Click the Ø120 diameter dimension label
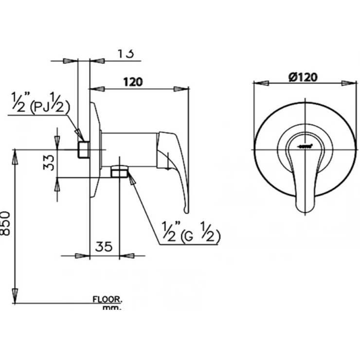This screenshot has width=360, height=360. pos(303,77)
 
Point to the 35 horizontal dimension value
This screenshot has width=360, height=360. pos(104,247)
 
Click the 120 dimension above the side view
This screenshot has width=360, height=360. pos(133,82)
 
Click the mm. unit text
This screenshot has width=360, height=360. pos(112,308)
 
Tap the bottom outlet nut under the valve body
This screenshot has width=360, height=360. pos(119,171)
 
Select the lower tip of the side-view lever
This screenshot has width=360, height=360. pos(185,210)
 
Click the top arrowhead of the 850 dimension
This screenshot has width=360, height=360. pos(16,155)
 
